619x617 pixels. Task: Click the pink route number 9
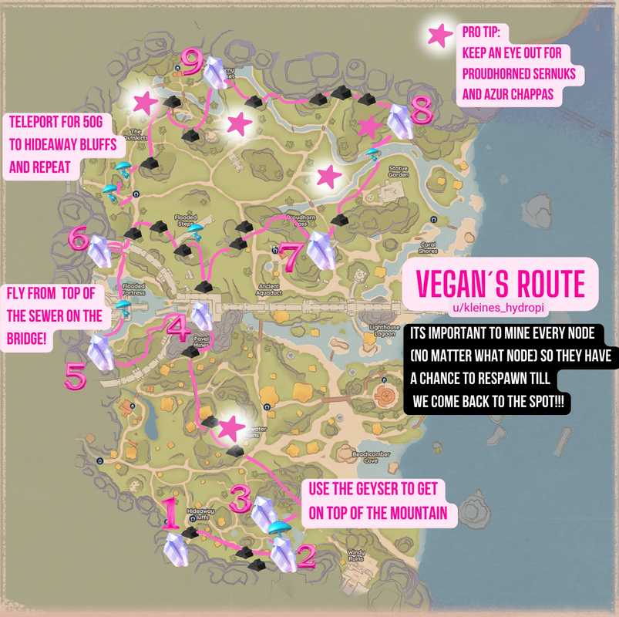coord(191,61)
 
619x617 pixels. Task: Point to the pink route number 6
coord(78,238)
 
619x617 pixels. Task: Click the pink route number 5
coord(75,376)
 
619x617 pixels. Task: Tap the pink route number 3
coord(240,502)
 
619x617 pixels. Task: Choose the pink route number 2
coord(307,555)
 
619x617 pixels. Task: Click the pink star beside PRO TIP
coord(440,35)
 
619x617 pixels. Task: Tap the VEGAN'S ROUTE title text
coord(500,285)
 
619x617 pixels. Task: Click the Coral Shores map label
coord(428,248)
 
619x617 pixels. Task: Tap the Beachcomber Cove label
coord(365,457)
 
